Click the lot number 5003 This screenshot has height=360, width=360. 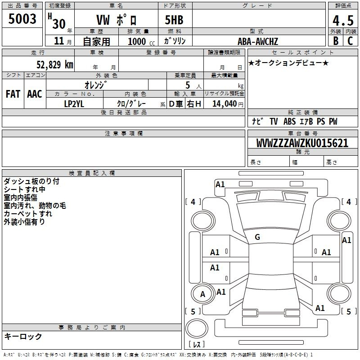coord(22,18)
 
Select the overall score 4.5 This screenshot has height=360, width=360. coord(343,20)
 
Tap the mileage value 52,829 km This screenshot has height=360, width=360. coord(55,65)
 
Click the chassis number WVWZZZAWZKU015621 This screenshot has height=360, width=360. coord(302,143)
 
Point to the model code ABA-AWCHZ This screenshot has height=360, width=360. coord(258,41)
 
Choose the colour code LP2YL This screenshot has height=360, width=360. coord(74,104)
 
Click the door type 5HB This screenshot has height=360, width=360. coord(174,20)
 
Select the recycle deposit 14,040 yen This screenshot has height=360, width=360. coord(228,104)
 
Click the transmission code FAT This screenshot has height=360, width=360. coord(13,94)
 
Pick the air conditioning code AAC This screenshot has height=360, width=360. coord(35,94)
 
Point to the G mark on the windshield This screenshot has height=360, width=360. coord(257,237)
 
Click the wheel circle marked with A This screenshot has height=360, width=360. coord(202,294)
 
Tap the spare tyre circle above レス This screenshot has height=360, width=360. coord(197,328)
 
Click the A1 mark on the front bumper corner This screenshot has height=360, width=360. coord(220,184)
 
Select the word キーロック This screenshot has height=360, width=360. coord(23,336)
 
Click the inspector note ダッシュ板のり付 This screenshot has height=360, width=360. coord(31,181)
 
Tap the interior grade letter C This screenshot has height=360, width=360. coord(350,41)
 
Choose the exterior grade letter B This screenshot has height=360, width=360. coord(336,41)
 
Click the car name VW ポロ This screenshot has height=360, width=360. coord(117,20)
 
